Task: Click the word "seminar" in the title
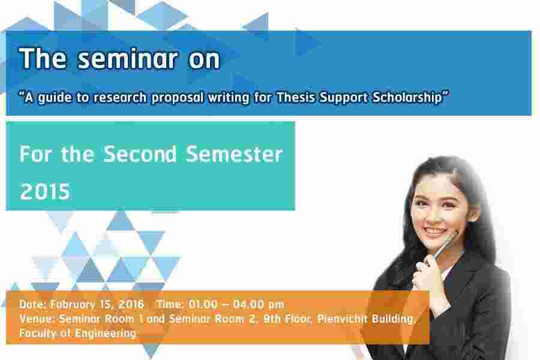click(x=128, y=59)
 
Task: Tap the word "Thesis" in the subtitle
click(x=296, y=97)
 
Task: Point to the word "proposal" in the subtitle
click(x=178, y=98)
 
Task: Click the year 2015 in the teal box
click(x=45, y=191)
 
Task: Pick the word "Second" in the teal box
click(x=140, y=154)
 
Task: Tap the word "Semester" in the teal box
click(x=234, y=154)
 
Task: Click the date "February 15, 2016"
click(x=97, y=304)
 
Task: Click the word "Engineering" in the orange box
click(x=106, y=334)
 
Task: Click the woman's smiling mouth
click(x=434, y=231)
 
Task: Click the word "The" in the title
click(x=43, y=59)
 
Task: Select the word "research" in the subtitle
click(x=120, y=97)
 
